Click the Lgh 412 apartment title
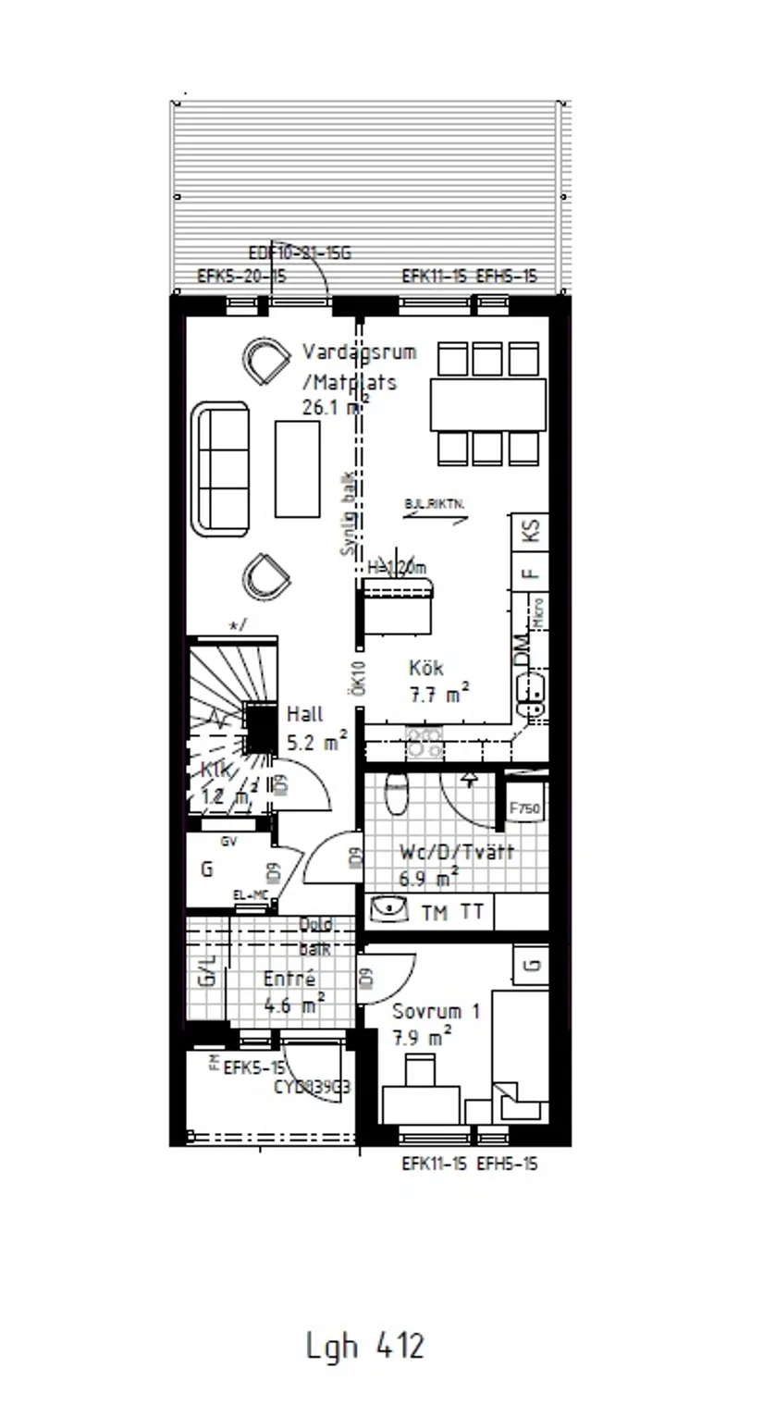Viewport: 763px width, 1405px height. pyautogui.click(x=364, y=1345)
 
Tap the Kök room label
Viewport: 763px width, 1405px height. pyautogui.click(x=426, y=668)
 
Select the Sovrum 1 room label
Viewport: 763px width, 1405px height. pyautogui.click(x=436, y=1011)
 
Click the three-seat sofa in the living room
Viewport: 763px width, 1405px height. pyautogui.click(x=220, y=468)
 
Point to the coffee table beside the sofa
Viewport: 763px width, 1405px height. pyautogui.click(x=297, y=468)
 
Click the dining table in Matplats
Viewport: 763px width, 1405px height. pyautogui.click(x=487, y=404)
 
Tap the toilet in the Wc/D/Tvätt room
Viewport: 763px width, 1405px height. pyautogui.click(x=396, y=793)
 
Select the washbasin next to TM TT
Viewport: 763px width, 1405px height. pyautogui.click(x=389, y=910)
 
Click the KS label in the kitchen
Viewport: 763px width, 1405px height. pyautogui.click(x=531, y=531)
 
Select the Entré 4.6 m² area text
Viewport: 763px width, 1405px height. pyautogui.click(x=293, y=992)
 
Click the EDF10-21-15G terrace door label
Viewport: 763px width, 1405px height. pyautogui.click(x=301, y=253)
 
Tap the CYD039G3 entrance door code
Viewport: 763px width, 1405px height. pyautogui.click(x=312, y=1088)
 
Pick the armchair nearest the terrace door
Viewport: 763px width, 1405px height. pyautogui.click(x=266, y=360)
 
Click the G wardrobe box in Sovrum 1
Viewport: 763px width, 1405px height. pyautogui.click(x=531, y=966)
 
